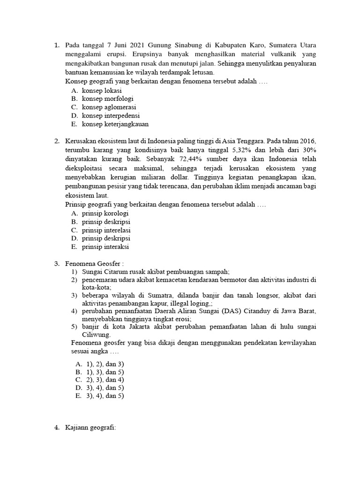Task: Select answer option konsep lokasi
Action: click(102, 90)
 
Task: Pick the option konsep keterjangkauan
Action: click(115, 124)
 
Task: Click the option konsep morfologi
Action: click(108, 98)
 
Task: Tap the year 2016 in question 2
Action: click(307, 141)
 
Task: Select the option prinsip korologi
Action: click(105, 213)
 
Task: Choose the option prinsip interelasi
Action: click(106, 230)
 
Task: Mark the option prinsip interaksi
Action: click(105, 247)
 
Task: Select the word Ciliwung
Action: click(97, 335)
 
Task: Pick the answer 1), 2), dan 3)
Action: click(105, 364)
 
